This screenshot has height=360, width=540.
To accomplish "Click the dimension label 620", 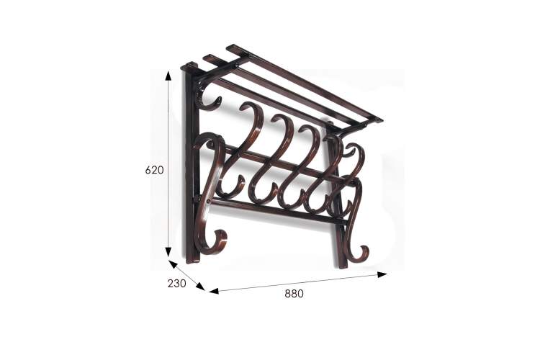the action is point(154,170).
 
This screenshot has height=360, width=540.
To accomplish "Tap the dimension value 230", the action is point(176,283).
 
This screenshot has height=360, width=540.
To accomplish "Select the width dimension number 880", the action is point(294,294).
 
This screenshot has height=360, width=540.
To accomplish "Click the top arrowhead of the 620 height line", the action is point(168,76).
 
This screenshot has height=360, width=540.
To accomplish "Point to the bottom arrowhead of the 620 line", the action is point(168,252).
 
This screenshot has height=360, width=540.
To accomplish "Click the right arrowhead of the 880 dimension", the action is point(382,274).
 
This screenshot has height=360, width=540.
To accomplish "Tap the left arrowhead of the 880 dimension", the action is point(214,291).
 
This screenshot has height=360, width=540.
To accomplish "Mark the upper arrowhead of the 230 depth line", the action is point(173,264).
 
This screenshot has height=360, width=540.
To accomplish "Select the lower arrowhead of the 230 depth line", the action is point(200,287).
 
